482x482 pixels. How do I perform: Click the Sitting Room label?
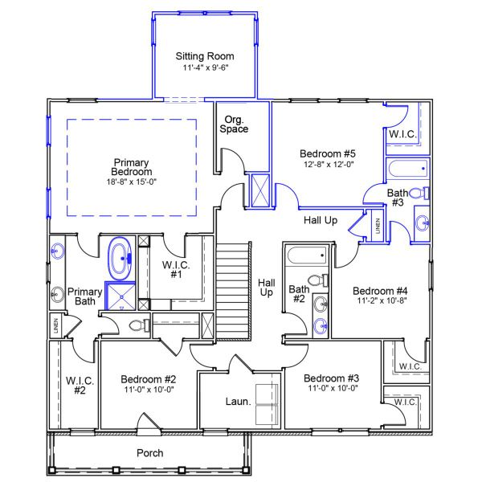(x=205, y=56)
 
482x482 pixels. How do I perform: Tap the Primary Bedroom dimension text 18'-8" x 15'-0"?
(x=132, y=182)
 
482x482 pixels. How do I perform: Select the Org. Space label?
(x=234, y=124)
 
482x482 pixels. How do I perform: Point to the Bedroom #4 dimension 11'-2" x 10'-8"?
(x=381, y=302)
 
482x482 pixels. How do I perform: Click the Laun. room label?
(x=239, y=400)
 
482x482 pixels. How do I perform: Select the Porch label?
(x=149, y=453)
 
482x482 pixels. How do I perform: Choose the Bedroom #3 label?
(x=331, y=378)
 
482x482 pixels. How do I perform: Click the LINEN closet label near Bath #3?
(x=378, y=226)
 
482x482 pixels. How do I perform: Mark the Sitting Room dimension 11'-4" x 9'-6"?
(x=205, y=68)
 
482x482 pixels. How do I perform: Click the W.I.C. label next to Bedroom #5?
(x=402, y=134)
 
